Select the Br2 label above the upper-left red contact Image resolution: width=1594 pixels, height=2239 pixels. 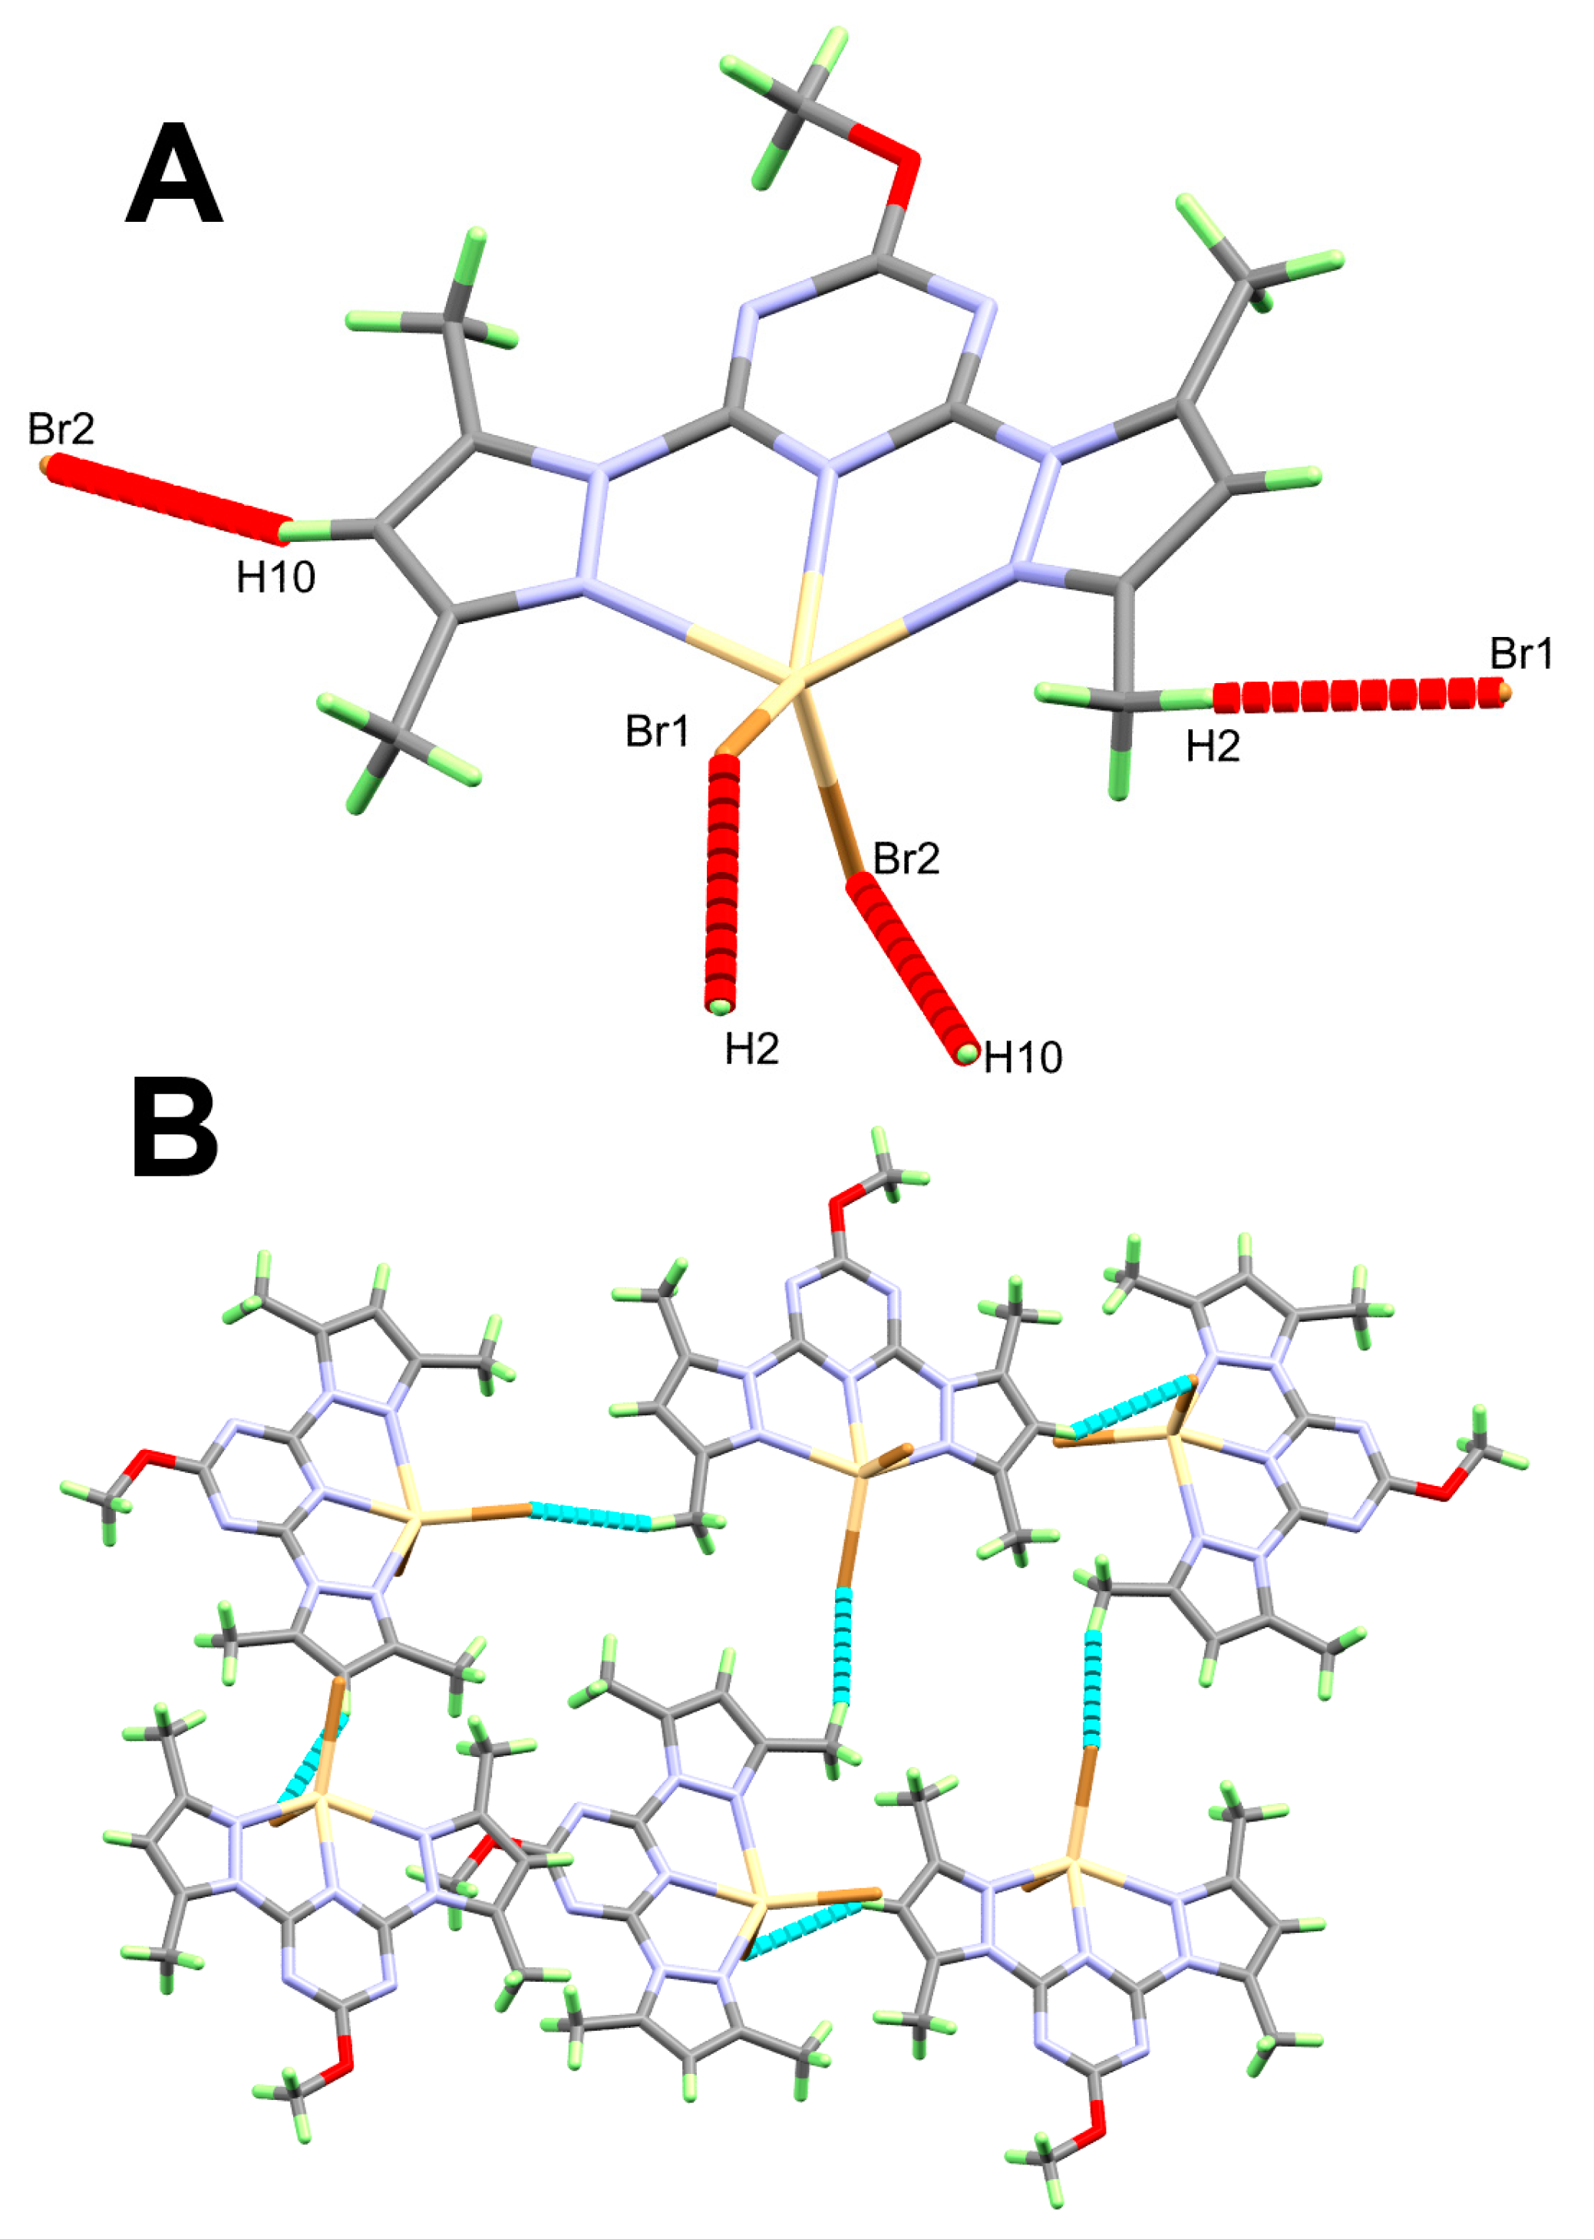tap(61, 429)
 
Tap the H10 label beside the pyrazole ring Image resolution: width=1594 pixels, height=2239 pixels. tap(276, 578)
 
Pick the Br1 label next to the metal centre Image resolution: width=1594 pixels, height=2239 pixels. tap(658, 731)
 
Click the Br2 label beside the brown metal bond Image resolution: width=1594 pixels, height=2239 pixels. tap(906, 859)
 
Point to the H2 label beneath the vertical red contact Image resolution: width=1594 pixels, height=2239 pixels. tap(752, 1049)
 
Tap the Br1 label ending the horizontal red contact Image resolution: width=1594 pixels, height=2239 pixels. tap(1521, 654)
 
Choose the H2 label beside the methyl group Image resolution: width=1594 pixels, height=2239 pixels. tap(1212, 747)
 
